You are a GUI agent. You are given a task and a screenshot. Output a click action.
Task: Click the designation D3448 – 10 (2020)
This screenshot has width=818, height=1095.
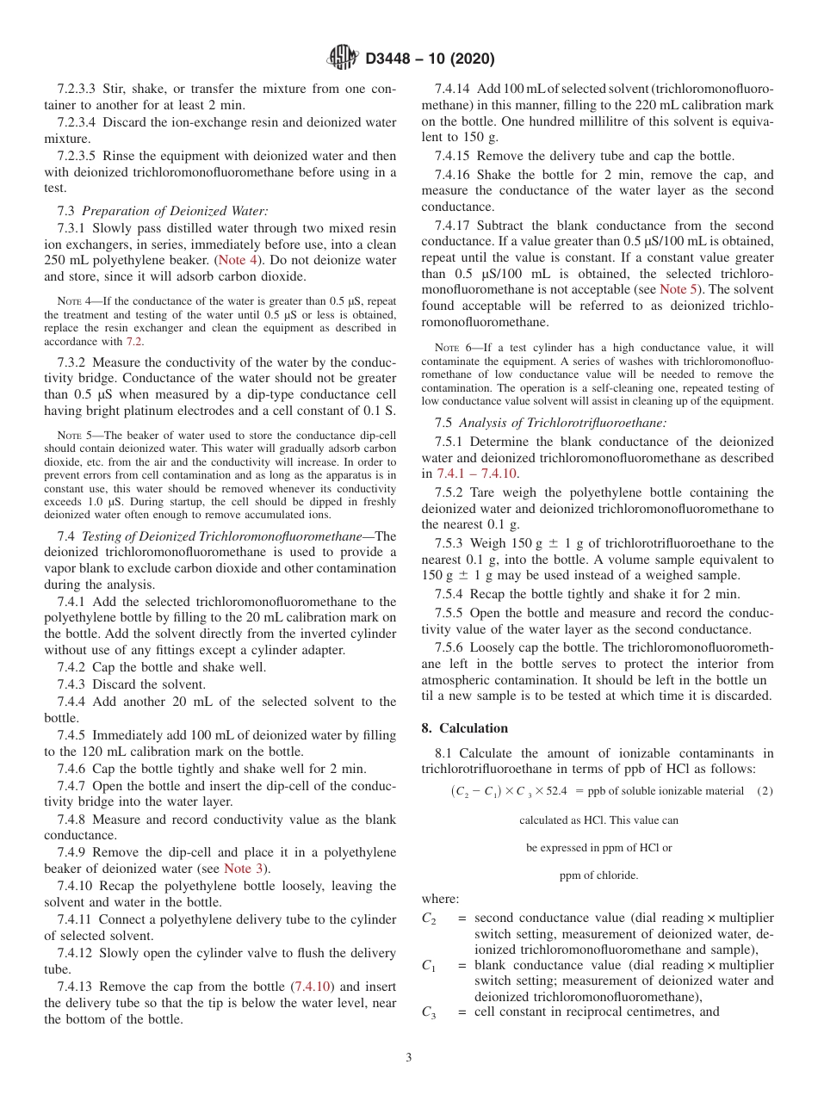[x=430, y=59]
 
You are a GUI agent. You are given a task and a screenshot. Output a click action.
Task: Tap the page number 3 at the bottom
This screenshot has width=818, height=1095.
[x=408, y=1057]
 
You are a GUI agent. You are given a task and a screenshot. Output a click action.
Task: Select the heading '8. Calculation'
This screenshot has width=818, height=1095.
[x=464, y=727]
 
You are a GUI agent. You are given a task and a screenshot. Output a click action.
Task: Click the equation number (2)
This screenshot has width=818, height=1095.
[x=764, y=791]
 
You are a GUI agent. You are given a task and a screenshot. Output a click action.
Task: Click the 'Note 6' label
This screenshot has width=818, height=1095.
[x=450, y=348]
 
